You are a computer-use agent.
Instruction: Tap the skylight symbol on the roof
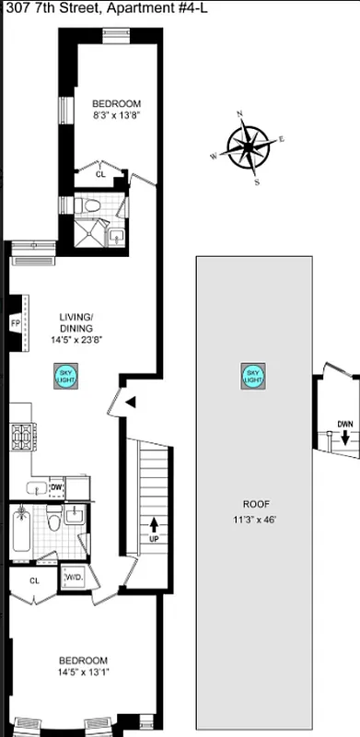(x=252, y=377)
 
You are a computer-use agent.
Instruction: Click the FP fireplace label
(x=16, y=323)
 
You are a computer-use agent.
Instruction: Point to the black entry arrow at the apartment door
(x=131, y=402)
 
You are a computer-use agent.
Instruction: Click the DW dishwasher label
(x=56, y=487)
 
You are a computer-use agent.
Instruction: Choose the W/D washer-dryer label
(x=73, y=578)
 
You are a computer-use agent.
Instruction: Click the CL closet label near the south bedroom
(x=34, y=580)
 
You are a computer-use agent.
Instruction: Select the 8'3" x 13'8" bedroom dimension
(x=116, y=116)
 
